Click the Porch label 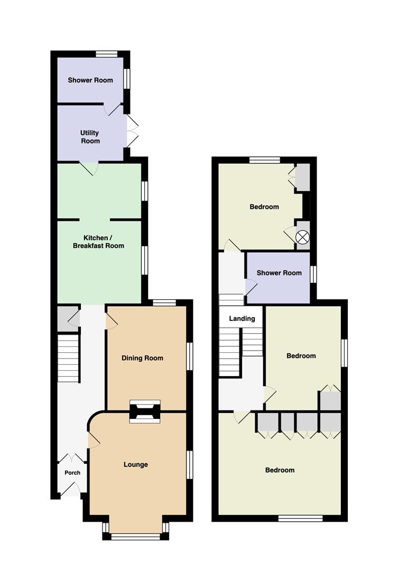click(x=72, y=472)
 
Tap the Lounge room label click(x=135, y=464)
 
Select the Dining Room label click(x=142, y=358)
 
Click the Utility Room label click(x=89, y=137)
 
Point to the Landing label click(x=242, y=318)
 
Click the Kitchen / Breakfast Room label click(x=98, y=242)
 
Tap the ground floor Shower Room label click(x=90, y=80)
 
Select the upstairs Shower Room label click(x=279, y=273)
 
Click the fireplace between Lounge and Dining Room click(x=145, y=411)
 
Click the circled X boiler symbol click(x=302, y=237)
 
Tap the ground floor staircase click(x=69, y=359)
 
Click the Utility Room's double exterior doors click(x=132, y=131)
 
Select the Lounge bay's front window click(x=135, y=536)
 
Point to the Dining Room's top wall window click(x=164, y=302)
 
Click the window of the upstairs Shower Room click(x=313, y=274)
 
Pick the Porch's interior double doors click(x=72, y=458)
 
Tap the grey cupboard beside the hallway click(x=68, y=318)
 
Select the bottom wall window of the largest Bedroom click(x=300, y=519)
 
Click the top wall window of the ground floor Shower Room click(x=107, y=54)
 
